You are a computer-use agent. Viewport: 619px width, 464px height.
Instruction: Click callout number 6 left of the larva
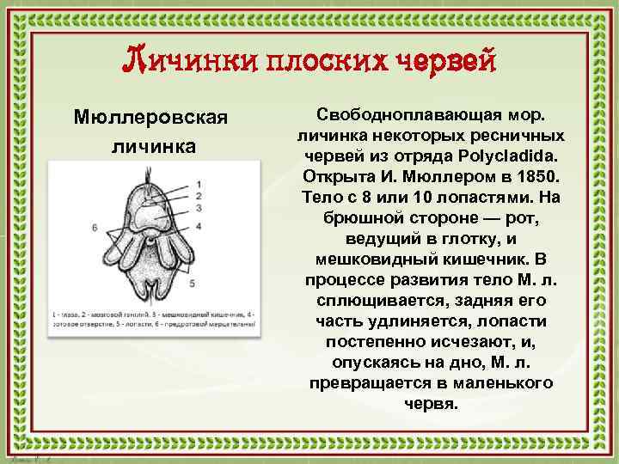click(x=94, y=227)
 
